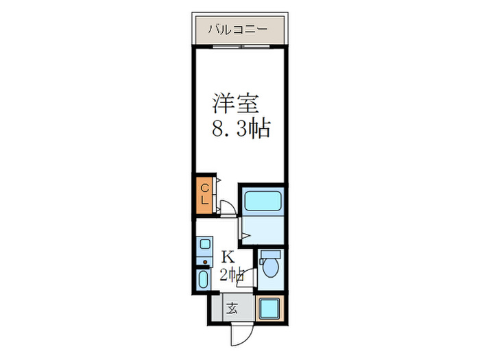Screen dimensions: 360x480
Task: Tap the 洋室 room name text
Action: pyautogui.click(x=235, y=104)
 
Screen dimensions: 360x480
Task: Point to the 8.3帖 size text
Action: pyautogui.click(x=240, y=128)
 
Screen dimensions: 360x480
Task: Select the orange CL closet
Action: pyautogui.click(x=204, y=193)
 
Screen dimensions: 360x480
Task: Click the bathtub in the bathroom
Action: pyautogui.click(x=263, y=201)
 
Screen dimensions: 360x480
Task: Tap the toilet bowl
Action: pyautogui.click(x=271, y=269)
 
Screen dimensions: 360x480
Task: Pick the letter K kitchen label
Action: pyautogui.click(x=228, y=258)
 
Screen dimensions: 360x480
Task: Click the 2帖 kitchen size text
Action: pyautogui.click(x=230, y=275)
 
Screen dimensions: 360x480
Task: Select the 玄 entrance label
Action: pyautogui.click(x=232, y=307)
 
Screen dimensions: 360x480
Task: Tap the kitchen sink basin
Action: pyautogui.click(x=204, y=244)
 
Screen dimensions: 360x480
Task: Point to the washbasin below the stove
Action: pyautogui.click(x=204, y=279)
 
